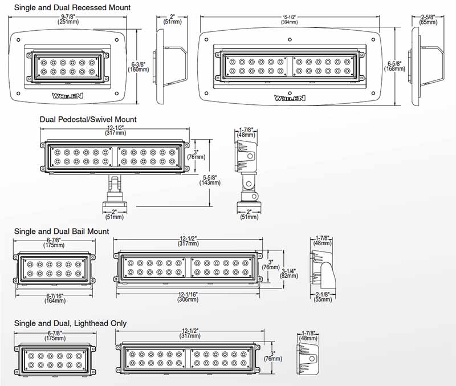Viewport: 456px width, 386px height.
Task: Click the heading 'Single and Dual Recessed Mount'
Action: [x=72, y=8]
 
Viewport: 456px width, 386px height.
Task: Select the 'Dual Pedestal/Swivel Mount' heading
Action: [x=88, y=120]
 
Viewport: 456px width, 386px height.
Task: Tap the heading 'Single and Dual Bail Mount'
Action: [x=62, y=231]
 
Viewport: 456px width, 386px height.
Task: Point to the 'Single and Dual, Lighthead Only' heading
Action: [x=70, y=323]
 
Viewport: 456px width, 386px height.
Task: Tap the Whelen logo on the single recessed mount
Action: [x=67, y=96]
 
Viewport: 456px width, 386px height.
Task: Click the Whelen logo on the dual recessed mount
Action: [x=290, y=97]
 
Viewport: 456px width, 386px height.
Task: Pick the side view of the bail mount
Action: [x=321, y=268]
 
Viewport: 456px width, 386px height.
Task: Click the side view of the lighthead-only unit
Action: [x=308, y=358]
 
